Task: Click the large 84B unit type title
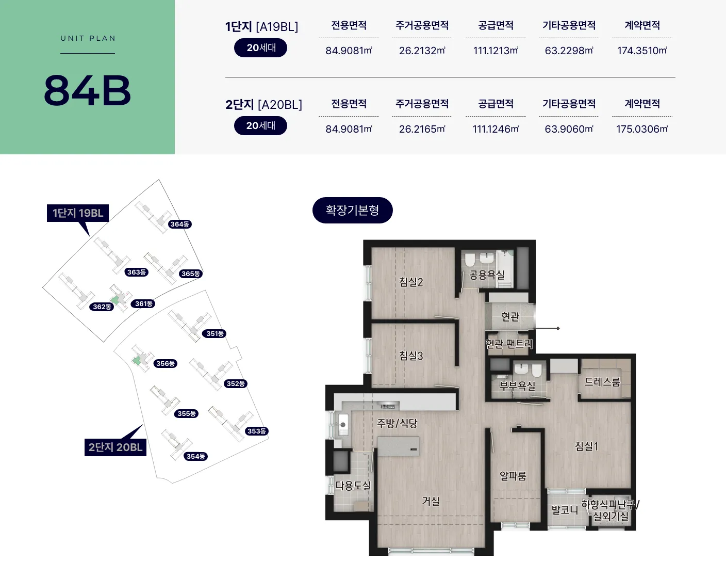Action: pos(87,91)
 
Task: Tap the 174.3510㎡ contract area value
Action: pos(642,51)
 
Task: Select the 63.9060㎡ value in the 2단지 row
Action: pos(569,129)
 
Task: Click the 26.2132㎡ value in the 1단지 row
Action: pos(422,51)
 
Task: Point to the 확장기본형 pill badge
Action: pos(352,210)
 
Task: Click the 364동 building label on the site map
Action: pos(180,224)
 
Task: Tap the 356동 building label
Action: pos(166,363)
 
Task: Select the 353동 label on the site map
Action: pos(257,431)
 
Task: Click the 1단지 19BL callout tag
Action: pos(78,213)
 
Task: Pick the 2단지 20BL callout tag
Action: pos(115,447)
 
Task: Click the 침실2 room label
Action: pos(411,282)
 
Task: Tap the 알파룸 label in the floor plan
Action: pos(513,476)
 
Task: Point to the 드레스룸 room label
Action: pos(602,382)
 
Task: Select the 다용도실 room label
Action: pos(353,485)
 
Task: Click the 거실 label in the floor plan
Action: pos(431,501)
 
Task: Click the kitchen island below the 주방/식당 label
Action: pos(398,446)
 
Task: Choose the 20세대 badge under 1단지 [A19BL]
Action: pos(260,47)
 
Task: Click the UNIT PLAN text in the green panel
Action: pos(88,38)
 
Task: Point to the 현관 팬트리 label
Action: pos(509,343)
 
